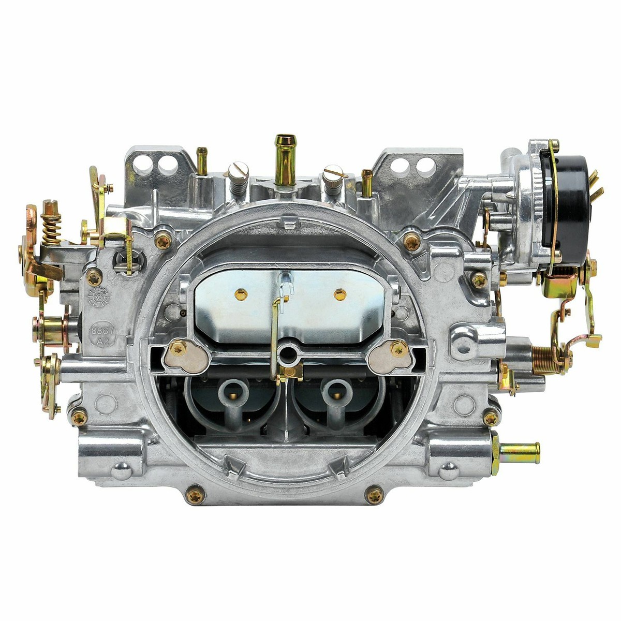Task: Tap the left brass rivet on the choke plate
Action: tap(241, 294)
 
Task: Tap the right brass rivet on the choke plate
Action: tap(339, 294)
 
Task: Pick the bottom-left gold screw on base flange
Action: tap(195, 495)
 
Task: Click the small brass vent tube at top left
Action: tap(202, 160)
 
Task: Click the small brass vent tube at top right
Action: tap(367, 182)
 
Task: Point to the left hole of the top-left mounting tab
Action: tap(145, 164)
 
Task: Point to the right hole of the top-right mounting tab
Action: tap(425, 167)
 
